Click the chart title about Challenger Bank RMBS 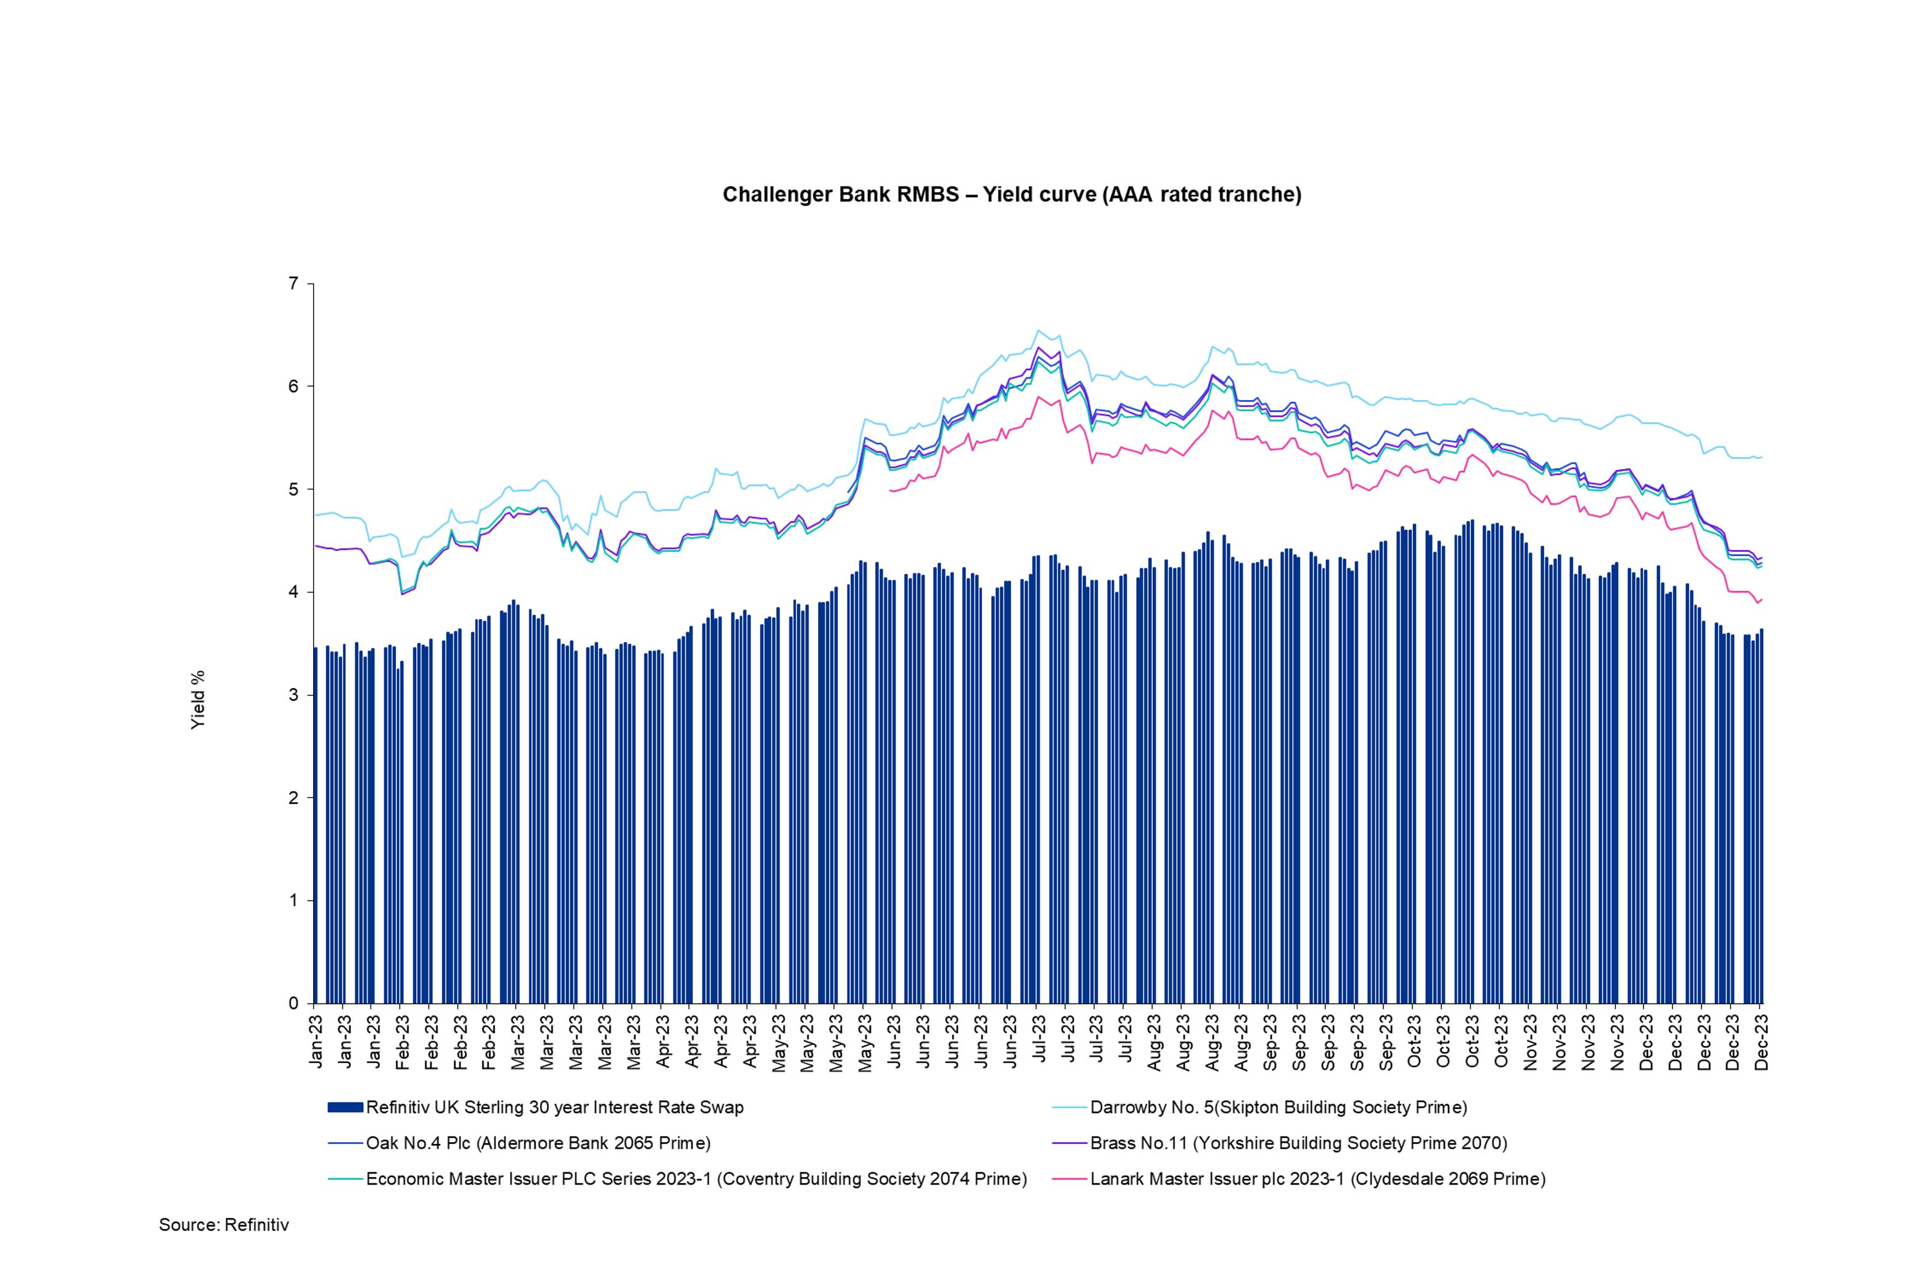click(1011, 195)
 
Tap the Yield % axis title click(198, 699)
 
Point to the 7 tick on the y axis click(294, 284)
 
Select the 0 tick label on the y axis click(294, 1003)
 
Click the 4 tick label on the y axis click(294, 592)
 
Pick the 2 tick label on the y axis click(294, 798)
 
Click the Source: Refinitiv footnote click(223, 1224)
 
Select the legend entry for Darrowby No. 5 click(1278, 1108)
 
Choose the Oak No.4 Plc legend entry click(538, 1143)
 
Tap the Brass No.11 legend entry click(1299, 1143)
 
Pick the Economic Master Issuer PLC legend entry click(696, 1179)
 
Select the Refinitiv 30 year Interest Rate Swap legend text click(555, 1108)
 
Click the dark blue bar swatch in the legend click(344, 1108)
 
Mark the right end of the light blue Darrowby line click(1762, 457)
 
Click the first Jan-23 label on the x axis click(315, 1041)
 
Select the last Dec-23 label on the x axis click(1762, 1041)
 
